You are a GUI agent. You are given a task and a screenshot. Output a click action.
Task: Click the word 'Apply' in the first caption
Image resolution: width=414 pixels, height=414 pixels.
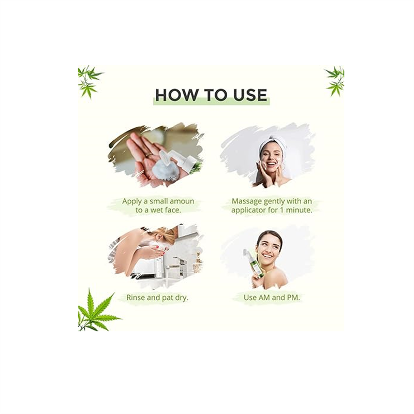point(132,202)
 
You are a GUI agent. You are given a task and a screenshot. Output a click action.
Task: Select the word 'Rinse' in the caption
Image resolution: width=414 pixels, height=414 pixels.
point(136,298)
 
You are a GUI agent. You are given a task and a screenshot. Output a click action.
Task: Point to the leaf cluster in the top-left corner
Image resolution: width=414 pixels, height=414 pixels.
point(89,82)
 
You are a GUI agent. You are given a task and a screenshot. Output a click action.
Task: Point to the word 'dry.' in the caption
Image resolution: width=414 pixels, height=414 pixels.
point(181,298)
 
